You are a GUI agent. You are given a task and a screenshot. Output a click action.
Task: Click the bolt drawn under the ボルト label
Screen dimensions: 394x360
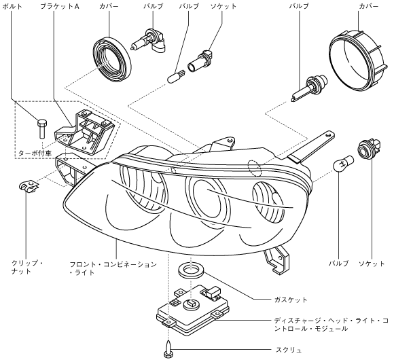pos(42,129)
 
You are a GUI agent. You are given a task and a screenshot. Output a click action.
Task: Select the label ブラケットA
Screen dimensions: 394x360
pos(60,6)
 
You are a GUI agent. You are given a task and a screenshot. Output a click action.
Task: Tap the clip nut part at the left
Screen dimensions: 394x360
pos(29,186)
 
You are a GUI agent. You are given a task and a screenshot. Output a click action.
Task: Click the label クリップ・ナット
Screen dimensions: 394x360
pos(27,267)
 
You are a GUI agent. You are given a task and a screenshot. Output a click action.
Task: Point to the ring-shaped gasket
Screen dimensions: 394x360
pos(191,270)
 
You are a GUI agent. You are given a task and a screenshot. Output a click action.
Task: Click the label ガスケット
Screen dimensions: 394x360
pos(291,300)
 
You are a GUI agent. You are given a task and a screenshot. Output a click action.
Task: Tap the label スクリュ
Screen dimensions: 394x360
pos(289,350)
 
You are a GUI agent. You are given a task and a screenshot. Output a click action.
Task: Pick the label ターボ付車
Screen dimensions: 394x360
pos(35,154)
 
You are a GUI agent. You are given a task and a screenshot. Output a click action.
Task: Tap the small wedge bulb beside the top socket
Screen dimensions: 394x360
pos(176,76)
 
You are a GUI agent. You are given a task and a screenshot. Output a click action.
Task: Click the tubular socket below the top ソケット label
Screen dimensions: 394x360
pos(200,61)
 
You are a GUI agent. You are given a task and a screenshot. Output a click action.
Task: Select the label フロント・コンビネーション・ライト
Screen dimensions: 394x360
pos(113,268)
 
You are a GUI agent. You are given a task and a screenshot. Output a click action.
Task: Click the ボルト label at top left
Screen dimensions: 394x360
pos(12,6)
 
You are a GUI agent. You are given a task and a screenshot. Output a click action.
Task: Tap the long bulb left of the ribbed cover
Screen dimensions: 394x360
pos(310,87)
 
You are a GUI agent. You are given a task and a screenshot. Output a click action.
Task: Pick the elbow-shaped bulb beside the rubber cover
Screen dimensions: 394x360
pos(148,41)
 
